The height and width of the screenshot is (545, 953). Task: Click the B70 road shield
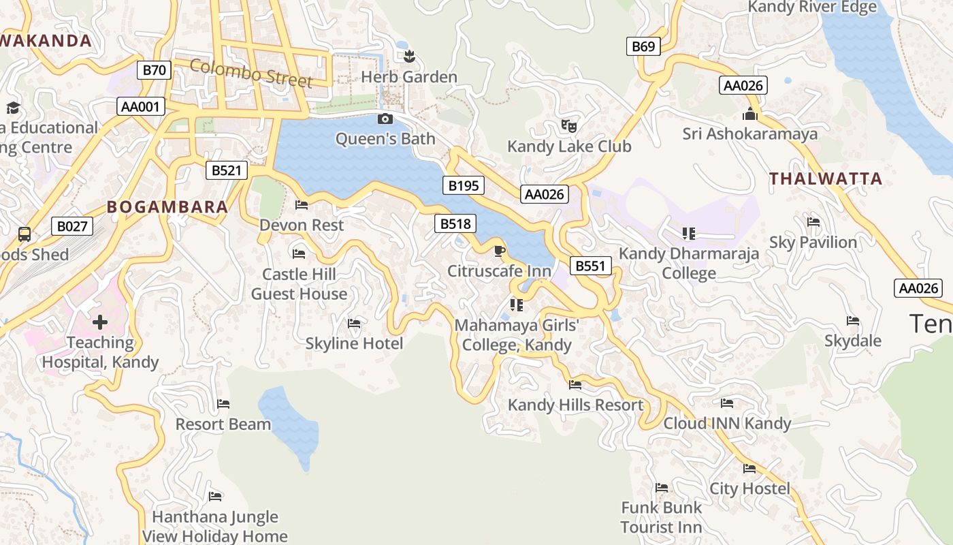(154, 69)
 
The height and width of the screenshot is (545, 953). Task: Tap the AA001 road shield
(141, 106)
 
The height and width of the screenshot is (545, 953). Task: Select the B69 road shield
(643, 46)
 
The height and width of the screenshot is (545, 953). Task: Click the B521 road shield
(226, 170)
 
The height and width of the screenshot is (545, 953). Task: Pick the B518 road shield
(455, 223)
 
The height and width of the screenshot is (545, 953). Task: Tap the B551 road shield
(590, 266)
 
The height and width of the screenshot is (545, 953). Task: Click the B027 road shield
(72, 226)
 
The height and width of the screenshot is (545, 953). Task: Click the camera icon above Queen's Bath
(385, 119)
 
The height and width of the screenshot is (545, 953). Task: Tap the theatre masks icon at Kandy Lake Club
(568, 125)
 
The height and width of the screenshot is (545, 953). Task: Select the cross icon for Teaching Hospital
(100, 322)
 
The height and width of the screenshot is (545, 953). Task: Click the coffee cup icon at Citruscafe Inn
(499, 251)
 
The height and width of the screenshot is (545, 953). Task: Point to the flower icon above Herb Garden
(408, 56)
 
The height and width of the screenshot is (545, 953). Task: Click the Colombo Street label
(251, 74)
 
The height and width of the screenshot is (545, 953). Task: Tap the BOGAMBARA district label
(167, 207)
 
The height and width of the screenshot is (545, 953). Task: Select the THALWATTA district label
(825, 179)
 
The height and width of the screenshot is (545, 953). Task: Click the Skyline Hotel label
(354, 343)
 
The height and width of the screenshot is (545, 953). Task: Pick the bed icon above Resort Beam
(223, 404)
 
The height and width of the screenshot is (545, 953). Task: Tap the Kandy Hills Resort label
(575, 405)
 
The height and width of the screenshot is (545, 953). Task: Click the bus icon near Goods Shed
(25, 234)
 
